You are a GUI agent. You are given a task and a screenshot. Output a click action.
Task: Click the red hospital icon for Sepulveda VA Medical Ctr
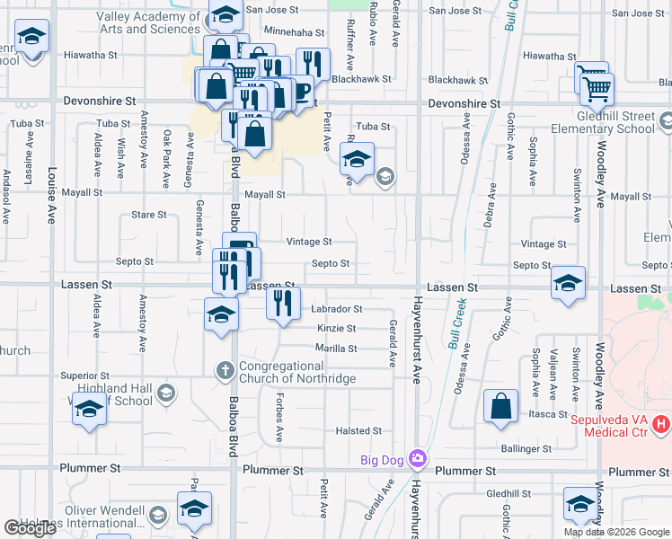pos(662,422)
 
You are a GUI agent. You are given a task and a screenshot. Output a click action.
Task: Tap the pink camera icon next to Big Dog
pos(418,460)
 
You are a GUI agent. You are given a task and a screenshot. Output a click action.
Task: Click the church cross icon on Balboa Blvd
pos(225,370)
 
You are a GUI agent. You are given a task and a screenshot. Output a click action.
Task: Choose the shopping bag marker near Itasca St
pos(500,405)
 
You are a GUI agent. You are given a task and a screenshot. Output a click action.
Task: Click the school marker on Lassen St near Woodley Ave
pos(568,281)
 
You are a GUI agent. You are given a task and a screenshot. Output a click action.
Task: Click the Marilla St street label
pos(336,349)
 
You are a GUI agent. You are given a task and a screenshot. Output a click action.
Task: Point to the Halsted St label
pos(359,431)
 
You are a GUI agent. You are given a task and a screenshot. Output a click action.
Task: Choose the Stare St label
pos(149,215)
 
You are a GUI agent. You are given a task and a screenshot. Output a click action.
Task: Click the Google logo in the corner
pos(31,529)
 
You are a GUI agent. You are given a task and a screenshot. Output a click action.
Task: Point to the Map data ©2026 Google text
pos(615,532)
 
